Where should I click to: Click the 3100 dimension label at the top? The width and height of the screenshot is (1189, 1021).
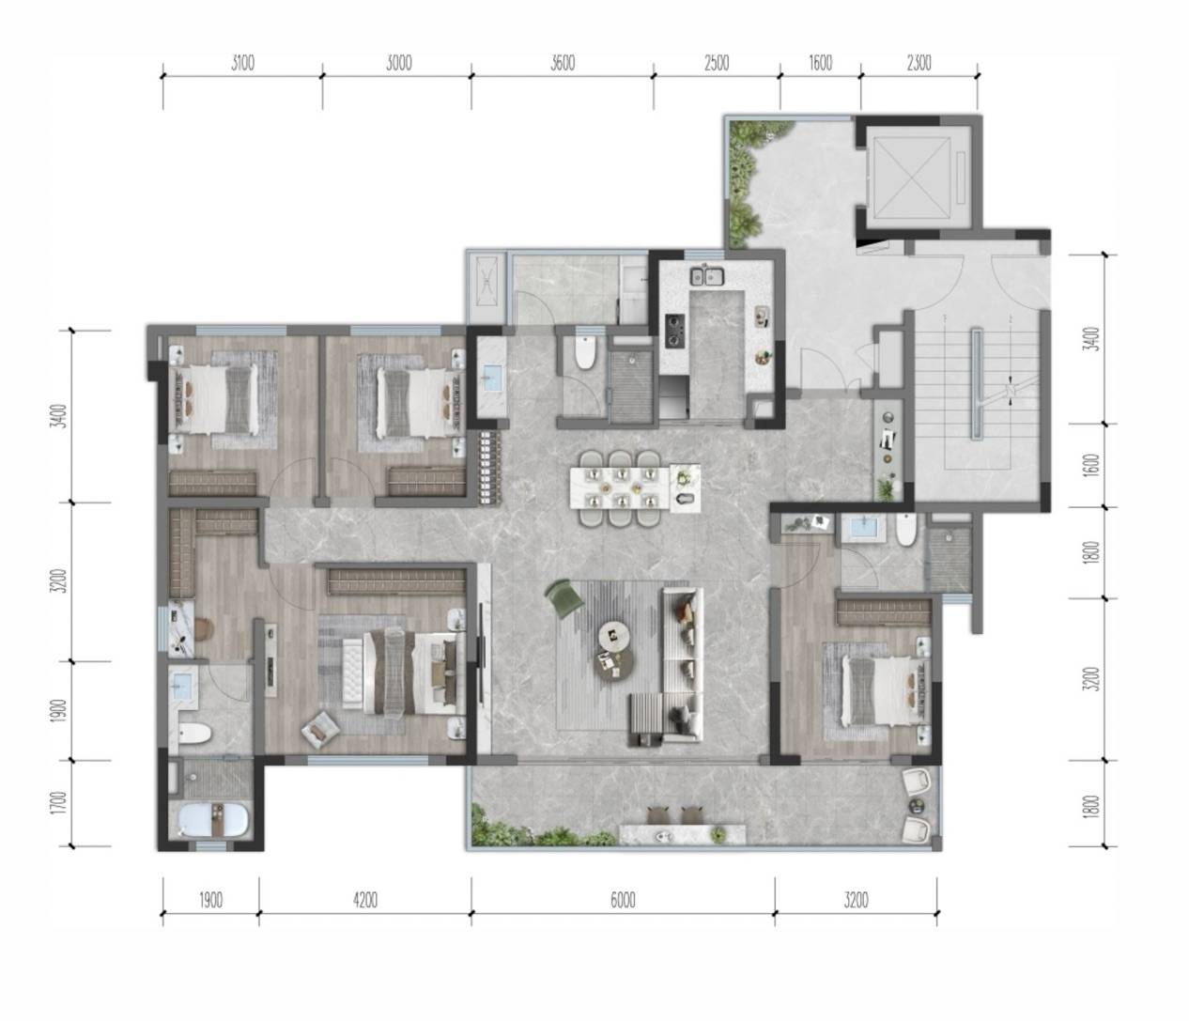242,63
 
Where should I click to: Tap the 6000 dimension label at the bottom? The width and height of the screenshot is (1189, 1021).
623,900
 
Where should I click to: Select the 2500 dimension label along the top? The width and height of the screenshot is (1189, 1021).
717,63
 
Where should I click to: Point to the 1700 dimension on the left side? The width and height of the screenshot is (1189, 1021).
62,803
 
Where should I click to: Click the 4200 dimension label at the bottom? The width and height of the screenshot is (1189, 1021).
365,900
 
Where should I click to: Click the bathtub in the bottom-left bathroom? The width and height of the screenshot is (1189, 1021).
214,819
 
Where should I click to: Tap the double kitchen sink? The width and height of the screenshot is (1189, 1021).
707,276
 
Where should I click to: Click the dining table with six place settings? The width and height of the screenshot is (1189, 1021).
620,487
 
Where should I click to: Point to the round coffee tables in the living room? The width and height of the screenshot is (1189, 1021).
614,649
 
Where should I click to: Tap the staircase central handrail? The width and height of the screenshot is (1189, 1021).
977,383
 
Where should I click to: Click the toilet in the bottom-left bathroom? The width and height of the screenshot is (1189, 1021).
194,733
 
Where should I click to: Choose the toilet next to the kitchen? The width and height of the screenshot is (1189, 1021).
585,352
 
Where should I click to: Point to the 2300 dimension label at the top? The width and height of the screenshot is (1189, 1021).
919,63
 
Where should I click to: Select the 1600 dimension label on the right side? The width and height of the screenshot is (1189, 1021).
1093,464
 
